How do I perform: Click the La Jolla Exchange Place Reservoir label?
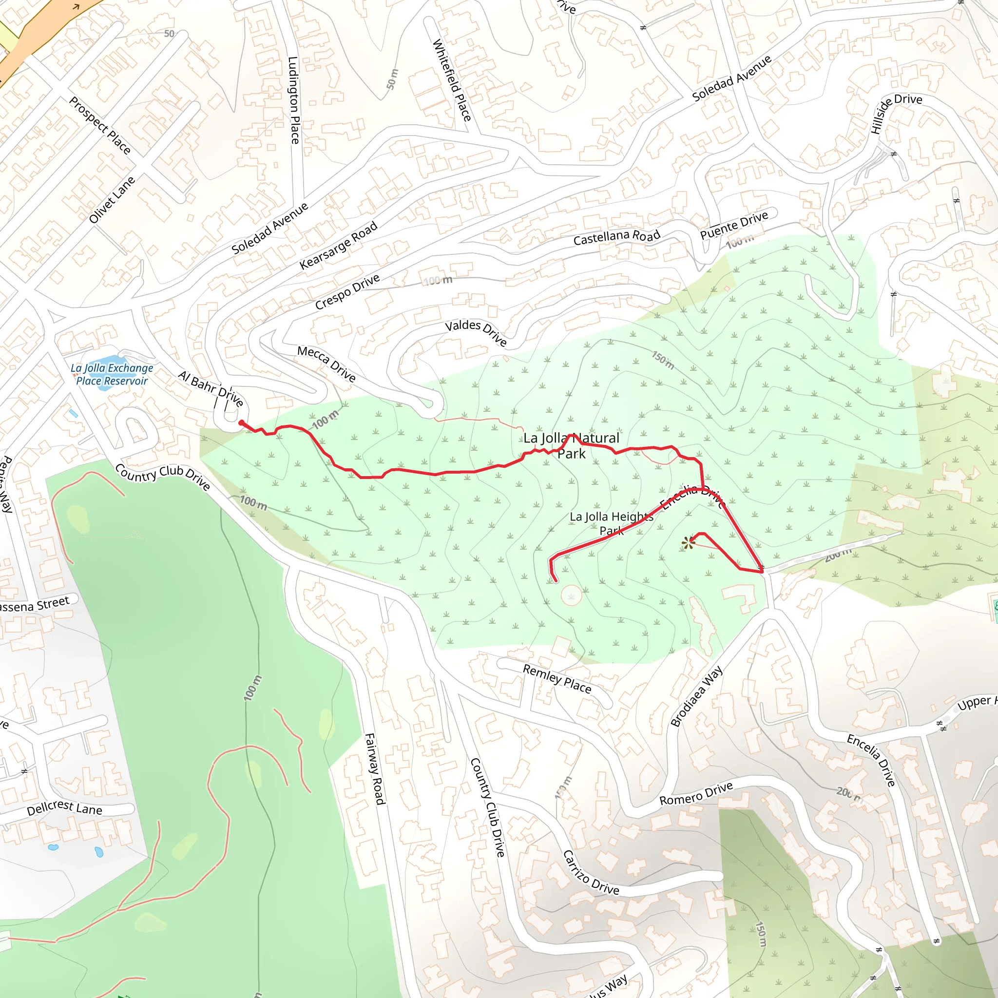[x=112, y=375]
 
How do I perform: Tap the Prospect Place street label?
[x=100, y=126]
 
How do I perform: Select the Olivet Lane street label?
[x=112, y=200]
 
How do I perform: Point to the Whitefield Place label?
[x=452, y=80]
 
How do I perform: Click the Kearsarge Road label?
[x=338, y=246]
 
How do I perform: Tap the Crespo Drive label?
[x=347, y=292]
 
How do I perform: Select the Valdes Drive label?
[x=476, y=332]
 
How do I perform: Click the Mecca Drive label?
[x=326, y=364]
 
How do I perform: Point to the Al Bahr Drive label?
[x=210, y=388]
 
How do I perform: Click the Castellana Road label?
[x=617, y=237]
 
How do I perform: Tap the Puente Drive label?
[x=733, y=225]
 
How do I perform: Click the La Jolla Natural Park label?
[x=571, y=446]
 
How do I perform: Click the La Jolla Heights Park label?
[x=611, y=523]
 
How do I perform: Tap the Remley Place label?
[x=557, y=678]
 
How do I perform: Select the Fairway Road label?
[x=375, y=768]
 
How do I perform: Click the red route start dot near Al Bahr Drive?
[x=241, y=423]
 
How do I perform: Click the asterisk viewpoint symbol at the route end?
[x=688, y=543]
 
